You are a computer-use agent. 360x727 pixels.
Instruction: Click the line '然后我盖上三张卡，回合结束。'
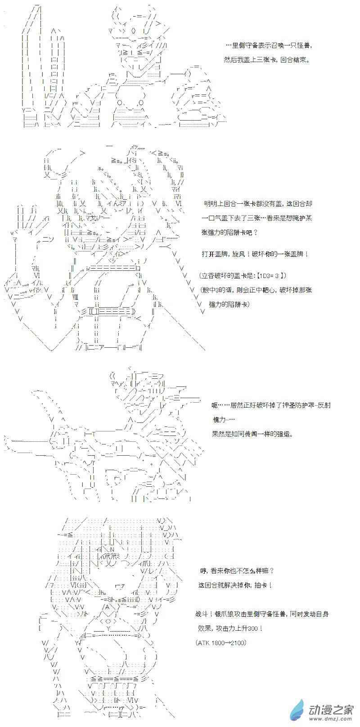click(266, 60)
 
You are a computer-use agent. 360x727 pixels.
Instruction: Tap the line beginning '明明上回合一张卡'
click(258, 204)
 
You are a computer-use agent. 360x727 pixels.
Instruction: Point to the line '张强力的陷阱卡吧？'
click(229, 233)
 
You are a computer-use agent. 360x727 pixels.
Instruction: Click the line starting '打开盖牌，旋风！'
click(255, 254)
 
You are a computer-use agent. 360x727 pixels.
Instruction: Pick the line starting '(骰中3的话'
click(256, 290)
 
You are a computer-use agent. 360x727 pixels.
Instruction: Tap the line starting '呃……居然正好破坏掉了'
click(271, 405)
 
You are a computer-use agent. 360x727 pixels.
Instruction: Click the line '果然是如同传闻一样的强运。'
click(252, 434)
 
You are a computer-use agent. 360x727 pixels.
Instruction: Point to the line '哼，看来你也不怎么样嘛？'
click(237, 571)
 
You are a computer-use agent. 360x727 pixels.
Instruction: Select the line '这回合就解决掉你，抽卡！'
click(235, 585)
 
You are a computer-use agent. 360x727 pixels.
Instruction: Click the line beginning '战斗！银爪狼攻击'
click(262, 614)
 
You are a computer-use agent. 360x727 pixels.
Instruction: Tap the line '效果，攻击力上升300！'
click(230, 628)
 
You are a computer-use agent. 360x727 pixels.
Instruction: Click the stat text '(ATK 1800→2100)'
click(221, 642)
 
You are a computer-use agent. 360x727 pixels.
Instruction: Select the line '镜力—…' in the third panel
click(223, 420)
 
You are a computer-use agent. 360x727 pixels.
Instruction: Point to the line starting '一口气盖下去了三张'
click(257, 218)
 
